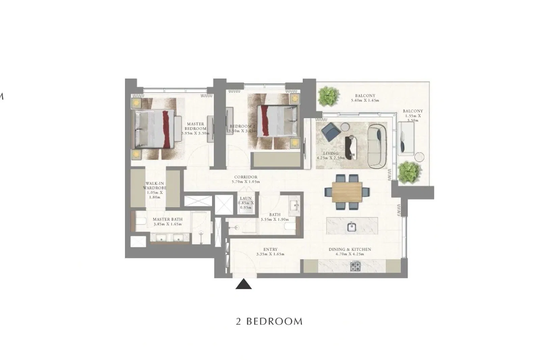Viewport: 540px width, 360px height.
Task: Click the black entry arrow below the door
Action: coord(243,284)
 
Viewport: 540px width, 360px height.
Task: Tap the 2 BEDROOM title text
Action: coord(269,321)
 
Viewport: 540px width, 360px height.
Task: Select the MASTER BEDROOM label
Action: coord(195,127)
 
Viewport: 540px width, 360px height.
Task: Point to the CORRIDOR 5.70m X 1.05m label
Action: coord(246,179)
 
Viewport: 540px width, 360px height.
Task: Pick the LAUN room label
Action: coord(246,199)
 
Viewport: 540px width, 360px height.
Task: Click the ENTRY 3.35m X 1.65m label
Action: coord(270,252)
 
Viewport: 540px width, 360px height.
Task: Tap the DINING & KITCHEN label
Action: coord(350,249)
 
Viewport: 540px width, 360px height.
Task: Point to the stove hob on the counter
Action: coord(355,267)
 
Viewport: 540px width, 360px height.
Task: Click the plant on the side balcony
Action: coord(409,172)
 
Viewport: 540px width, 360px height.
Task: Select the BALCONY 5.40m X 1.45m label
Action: coord(365,98)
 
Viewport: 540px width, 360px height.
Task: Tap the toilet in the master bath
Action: coord(140,221)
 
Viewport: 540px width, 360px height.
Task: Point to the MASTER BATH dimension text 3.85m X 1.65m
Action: coord(167,224)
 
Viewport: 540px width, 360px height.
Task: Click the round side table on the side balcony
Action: coord(419,158)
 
